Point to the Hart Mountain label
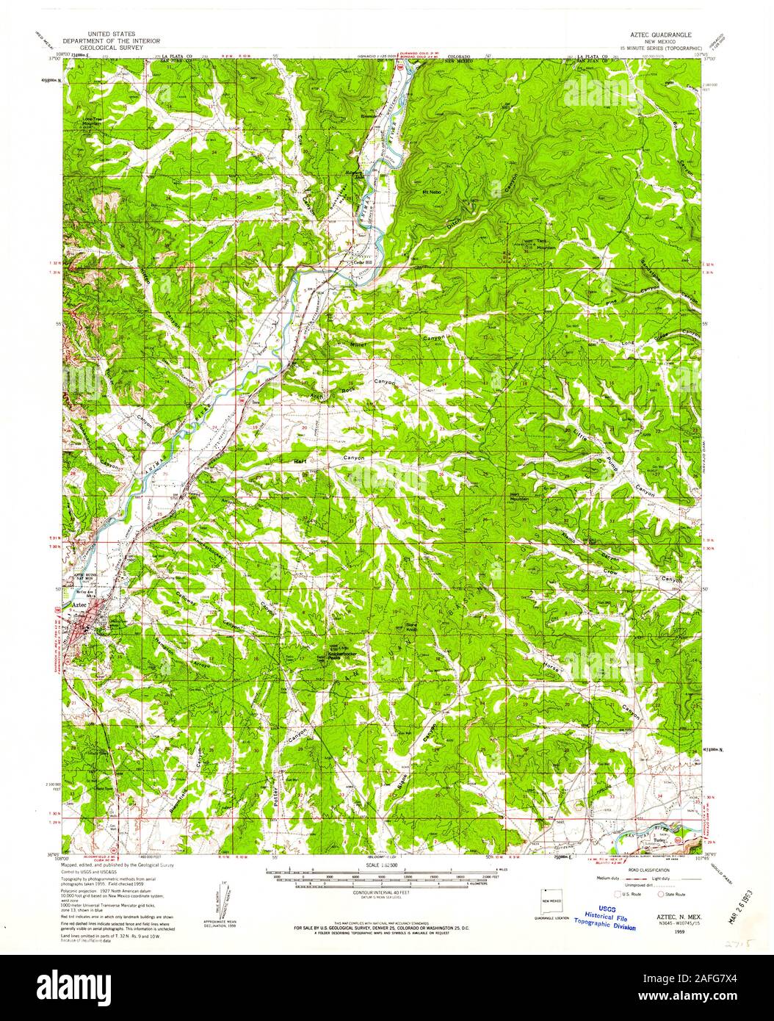point(519,496)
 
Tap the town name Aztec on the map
point(79,602)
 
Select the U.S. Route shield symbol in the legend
point(617,895)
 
